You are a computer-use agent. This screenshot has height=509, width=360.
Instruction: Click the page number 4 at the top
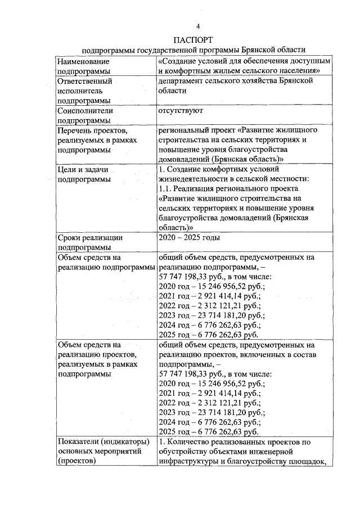pos(198,26)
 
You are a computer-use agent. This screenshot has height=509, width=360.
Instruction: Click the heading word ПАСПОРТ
pos(193,40)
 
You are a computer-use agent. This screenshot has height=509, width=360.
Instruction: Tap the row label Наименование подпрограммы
pos(84,66)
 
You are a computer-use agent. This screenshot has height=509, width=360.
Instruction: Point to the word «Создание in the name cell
pos(179,61)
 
